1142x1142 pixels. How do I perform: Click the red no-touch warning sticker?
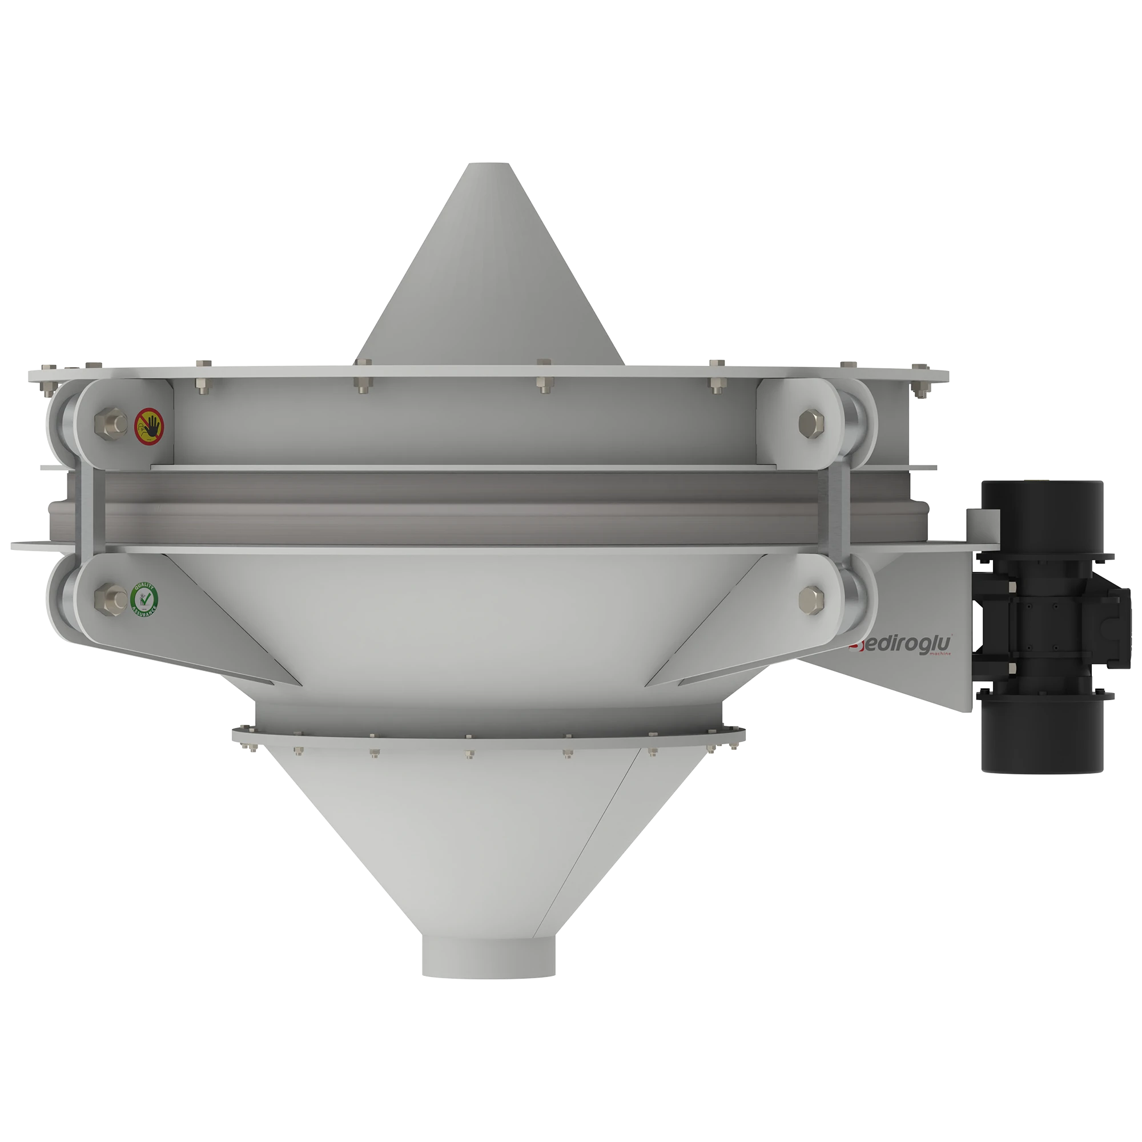click(149, 425)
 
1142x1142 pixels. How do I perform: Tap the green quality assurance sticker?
click(144, 600)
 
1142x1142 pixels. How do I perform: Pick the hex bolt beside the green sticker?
click(111, 598)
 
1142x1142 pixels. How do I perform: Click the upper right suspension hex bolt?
click(811, 422)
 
